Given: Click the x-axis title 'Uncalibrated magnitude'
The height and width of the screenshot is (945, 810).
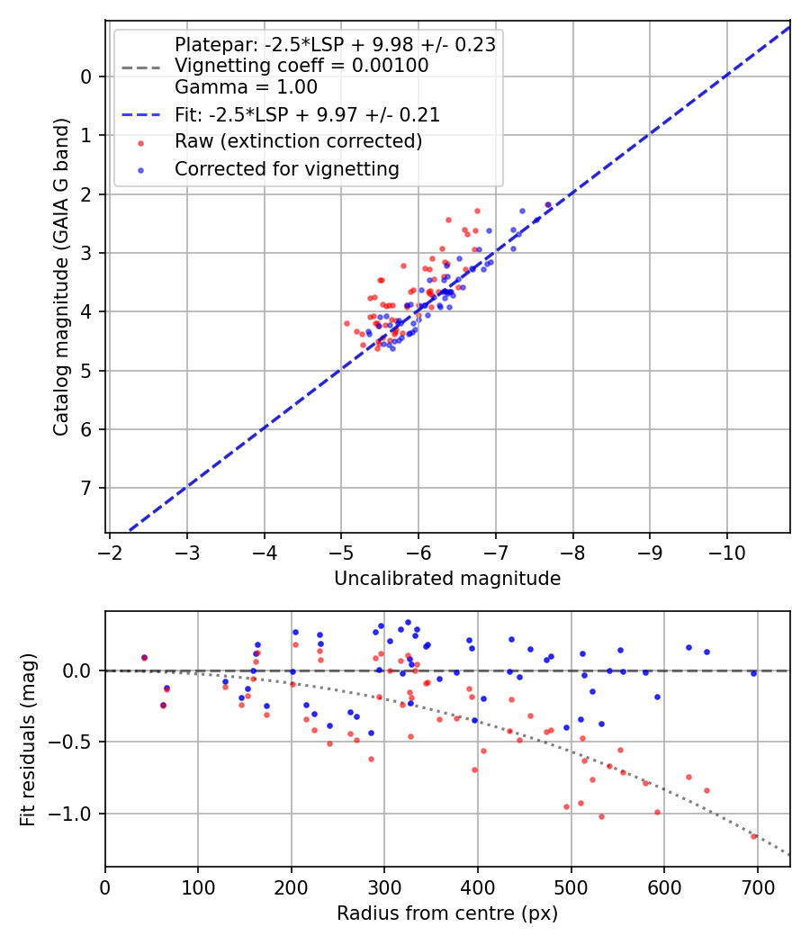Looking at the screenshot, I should point(447,579).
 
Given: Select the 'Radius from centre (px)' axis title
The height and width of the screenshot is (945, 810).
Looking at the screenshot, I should point(447,913).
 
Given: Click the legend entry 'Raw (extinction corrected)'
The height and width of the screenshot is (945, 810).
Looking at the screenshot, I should point(298,141).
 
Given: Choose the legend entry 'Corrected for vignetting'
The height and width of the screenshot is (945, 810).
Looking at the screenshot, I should point(286,168).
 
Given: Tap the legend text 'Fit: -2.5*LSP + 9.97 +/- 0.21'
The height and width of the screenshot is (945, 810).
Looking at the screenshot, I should point(307,115).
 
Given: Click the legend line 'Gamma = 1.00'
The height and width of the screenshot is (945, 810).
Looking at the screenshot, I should point(246,87).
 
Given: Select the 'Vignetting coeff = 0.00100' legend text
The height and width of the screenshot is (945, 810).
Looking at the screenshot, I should point(301,66).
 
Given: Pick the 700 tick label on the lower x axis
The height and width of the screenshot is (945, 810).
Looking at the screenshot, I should point(757,887).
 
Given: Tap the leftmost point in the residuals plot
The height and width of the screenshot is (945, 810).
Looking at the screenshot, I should point(144,658).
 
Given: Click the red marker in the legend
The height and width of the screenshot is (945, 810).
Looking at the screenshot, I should point(141,142).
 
